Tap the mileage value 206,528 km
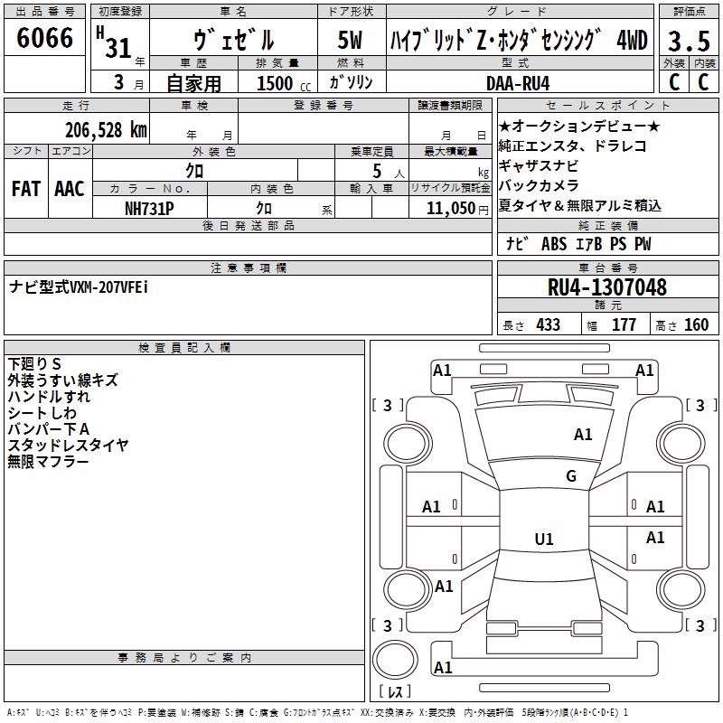click(x=106, y=130)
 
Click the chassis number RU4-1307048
click(x=607, y=287)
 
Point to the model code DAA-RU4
click(x=516, y=82)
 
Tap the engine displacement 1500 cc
click(x=277, y=83)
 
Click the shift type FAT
click(x=25, y=189)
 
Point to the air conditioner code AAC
click(x=69, y=189)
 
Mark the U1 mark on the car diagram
click(x=543, y=540)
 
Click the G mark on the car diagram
click(x=571, y=476)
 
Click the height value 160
click(x=696, y=325)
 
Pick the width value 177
click(x=624, y=325)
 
